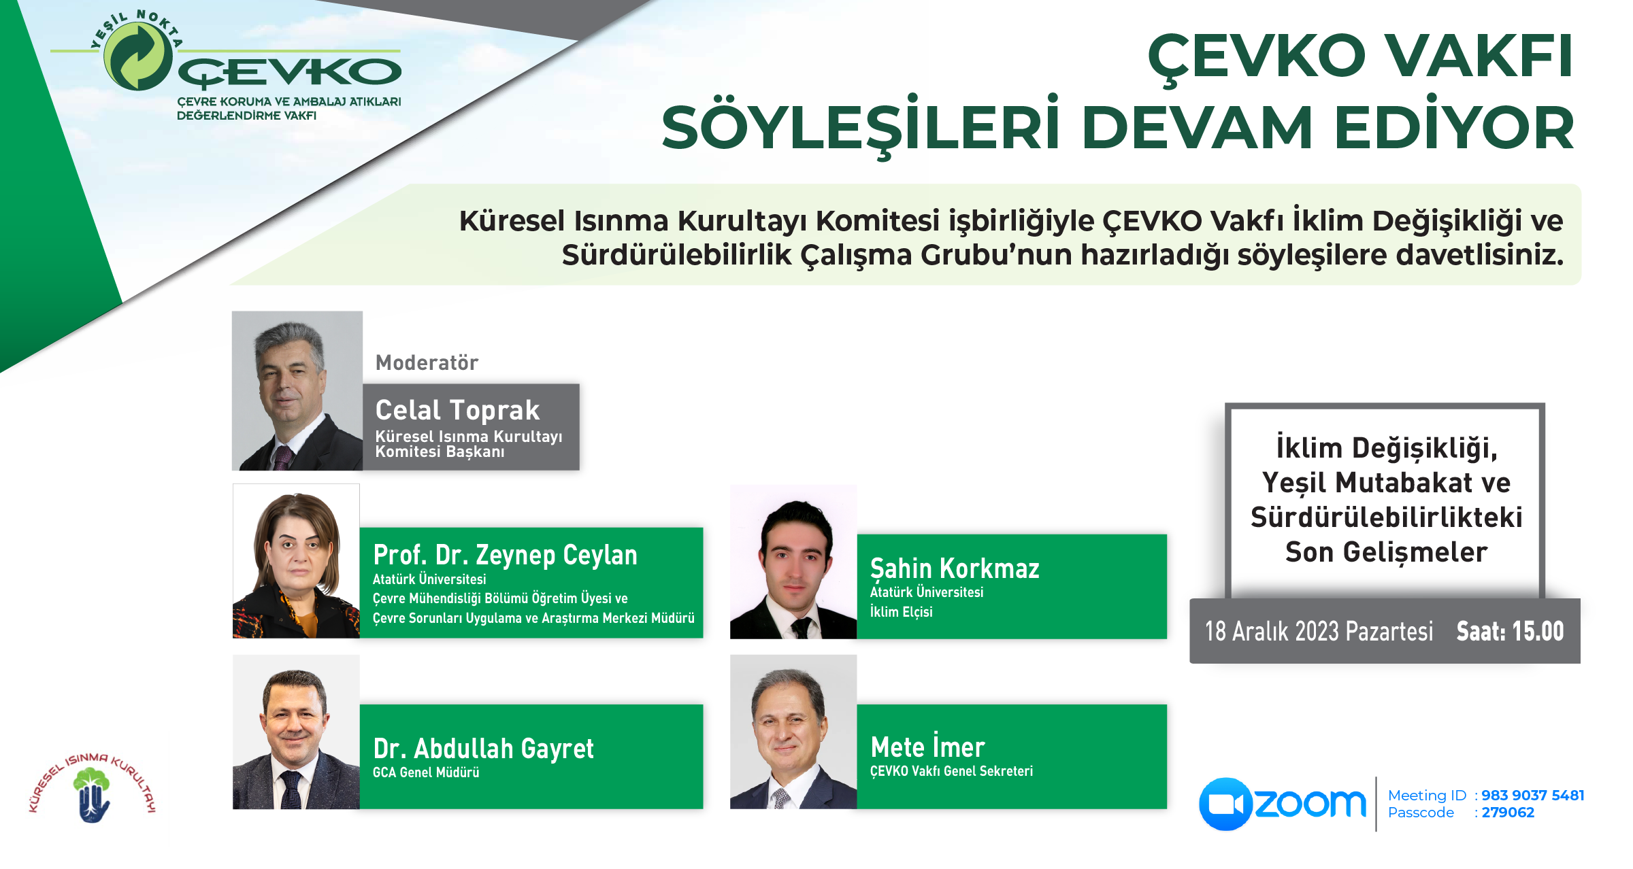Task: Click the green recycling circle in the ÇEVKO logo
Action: click(x=138, y=56)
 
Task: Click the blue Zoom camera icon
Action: click(x=1225, y=804)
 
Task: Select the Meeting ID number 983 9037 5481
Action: click(x=1533, y=795)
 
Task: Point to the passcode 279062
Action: click(x=1508, y=813)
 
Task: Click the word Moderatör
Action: click(x=427, y=362)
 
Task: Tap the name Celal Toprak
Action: click(x=457, y=410)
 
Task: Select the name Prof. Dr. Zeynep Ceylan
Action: click(x=505, y=555)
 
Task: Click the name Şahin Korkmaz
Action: click(x=955, y=568)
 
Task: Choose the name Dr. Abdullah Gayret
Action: click(x=483, y=749)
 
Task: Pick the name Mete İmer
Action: click(x=927, y=746)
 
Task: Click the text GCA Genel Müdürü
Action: click(x=426, y=772)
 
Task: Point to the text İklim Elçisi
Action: click(x=902, y=611)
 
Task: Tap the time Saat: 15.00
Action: click(x=1510, y=632)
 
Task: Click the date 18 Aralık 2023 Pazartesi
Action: click(x=1319, y=632)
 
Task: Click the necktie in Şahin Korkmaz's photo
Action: click(x=802, y=628)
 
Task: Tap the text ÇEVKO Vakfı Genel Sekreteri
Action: click(x=951, y=771)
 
